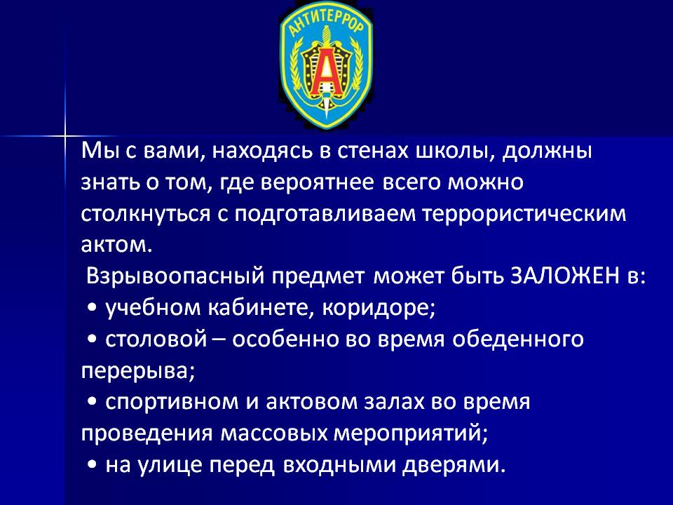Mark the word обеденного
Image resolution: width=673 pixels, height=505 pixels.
(x=518, y=339)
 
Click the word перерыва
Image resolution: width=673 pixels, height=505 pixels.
(x=138, y=371)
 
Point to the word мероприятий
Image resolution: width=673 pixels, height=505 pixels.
(x=411, y=433)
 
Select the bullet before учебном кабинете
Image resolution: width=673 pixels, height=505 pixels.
(x=91, y=307)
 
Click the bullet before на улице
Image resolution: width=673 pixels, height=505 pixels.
(x=91, y=464)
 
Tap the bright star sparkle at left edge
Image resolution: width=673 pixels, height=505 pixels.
(x=65, y=136)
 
